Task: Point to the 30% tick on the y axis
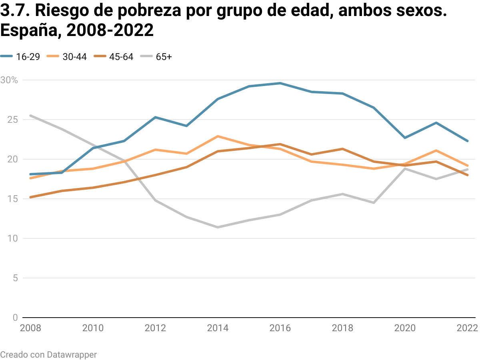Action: [9, 80]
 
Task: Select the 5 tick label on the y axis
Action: [15, 278]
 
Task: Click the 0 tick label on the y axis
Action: [15, 318]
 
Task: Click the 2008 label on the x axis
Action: [30, 328]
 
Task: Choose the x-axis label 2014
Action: [218, 328]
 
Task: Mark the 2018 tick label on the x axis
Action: [342, 328]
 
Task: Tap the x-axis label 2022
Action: [467, 328]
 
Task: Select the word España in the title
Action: [28, 31]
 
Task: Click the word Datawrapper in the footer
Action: [72, 354]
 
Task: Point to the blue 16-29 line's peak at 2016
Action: [280, 83]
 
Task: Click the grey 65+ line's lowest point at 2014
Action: [218, 227]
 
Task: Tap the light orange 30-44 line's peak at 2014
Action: [218, 136]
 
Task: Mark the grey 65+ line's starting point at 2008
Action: [30, 116]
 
